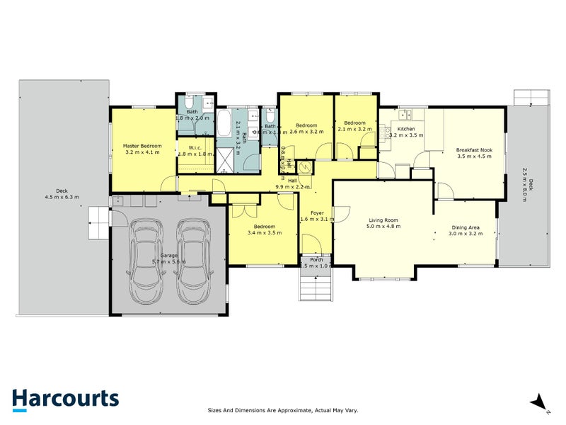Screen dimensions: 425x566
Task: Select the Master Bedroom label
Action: coord(142,146)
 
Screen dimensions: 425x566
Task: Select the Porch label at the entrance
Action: coord(316,259)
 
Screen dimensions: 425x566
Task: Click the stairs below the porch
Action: coord(316,287)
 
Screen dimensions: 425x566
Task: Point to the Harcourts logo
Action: coord(65,398)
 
